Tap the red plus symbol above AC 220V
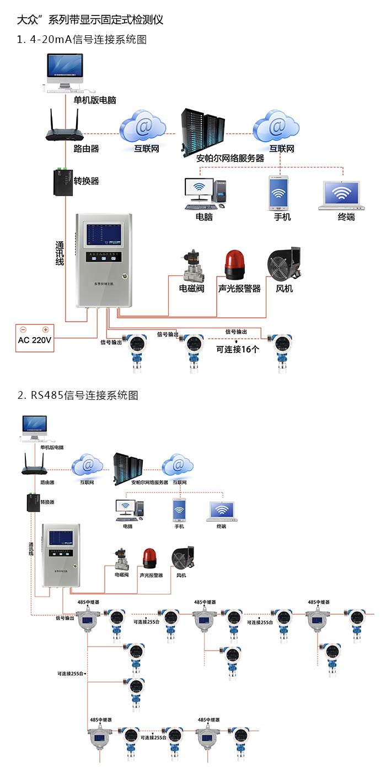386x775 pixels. [x=46, y=330]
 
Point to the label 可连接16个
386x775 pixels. [x=237, y=349]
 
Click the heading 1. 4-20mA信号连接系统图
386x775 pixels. [x=82, y=40]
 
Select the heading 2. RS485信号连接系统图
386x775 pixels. [x=78, y=395]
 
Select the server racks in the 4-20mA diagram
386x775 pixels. [x=202, y=132]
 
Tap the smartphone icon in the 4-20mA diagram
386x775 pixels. [x=279, y=193]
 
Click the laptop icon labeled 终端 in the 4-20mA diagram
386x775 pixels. [x=342, y=195]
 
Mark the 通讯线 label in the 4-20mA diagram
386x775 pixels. [x=60, y=253]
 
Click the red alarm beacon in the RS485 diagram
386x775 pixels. [x=150, y=557]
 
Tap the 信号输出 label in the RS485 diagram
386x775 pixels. [x=65, y=618]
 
